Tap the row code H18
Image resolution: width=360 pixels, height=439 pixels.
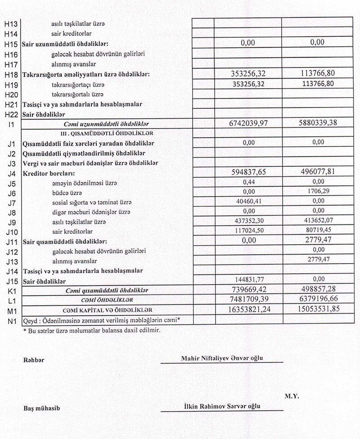tap(10, 74)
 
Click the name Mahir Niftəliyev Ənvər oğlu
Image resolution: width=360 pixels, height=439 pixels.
tap(221, 358)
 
